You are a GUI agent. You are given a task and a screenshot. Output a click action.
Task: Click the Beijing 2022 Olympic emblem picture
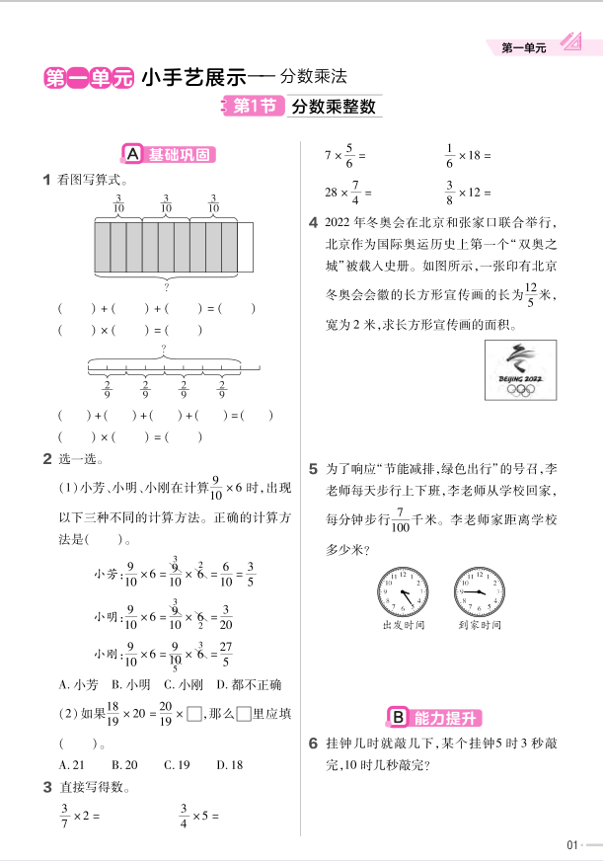click(x=518, y=371)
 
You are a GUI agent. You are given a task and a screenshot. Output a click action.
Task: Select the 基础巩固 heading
click(x=168, y=154)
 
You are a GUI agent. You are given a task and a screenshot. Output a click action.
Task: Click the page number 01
click(x=571, y=844)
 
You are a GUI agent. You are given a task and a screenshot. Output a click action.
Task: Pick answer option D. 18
click(x=229, y=764)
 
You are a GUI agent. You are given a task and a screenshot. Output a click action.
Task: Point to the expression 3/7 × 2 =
click(x=80, y=816)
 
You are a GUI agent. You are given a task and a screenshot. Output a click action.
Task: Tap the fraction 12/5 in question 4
click(x=530, y=293)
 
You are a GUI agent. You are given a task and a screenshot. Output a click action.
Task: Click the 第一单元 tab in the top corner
click(x=524, y=45)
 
